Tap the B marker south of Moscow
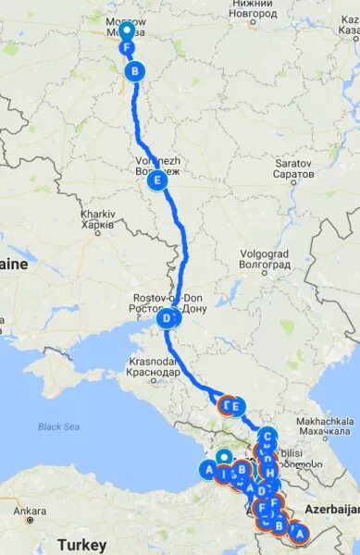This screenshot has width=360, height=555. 135,70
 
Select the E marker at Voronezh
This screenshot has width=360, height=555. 158,181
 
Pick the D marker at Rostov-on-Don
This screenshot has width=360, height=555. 168,319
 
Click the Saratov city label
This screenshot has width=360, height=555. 294,168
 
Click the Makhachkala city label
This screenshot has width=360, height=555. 324,425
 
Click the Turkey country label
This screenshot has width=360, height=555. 81,544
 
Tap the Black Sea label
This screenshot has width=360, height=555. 58,426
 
